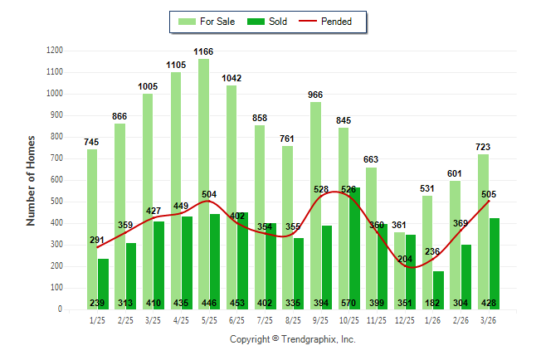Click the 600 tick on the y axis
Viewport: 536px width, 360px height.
[56, 180]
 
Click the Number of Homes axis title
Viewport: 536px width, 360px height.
[32, 180]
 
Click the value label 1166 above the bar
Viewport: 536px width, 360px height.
[203, 52]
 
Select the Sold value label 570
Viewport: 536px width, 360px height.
[349, 303]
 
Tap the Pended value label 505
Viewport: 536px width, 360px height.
[490, 194]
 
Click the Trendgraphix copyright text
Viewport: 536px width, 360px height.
[292, 339]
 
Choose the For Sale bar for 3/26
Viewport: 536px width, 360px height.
[483, 231]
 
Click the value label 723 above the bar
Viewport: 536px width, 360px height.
[483, 147]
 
